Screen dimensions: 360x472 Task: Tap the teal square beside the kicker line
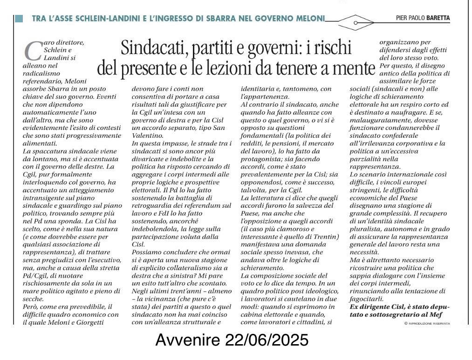[x=19, y=19]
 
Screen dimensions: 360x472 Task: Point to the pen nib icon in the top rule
[x=356, y=22]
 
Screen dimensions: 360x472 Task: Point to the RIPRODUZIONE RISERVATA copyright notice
[x=427, y=323]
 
